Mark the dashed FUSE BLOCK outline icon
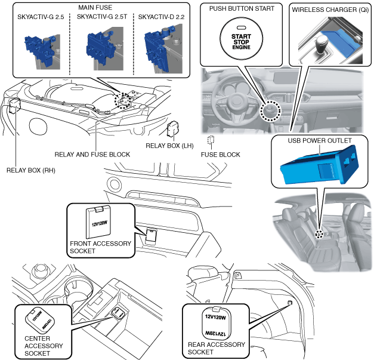click(x=211, y=141)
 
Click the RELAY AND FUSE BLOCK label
click(x=92, y=154)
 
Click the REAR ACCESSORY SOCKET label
click(x=215, y=348)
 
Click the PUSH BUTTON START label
click(x=242, y=8)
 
